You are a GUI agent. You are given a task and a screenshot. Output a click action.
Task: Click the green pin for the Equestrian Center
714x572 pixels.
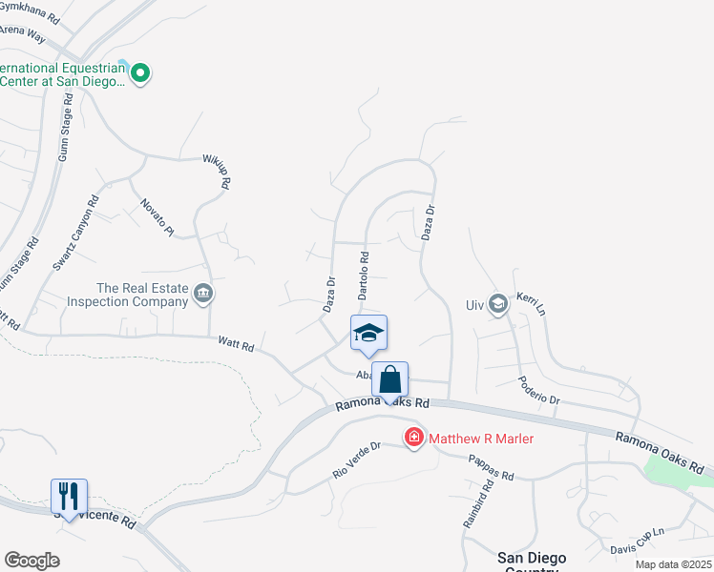click(140, 72)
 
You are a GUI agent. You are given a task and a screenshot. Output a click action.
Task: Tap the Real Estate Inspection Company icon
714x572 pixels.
click(202, 294)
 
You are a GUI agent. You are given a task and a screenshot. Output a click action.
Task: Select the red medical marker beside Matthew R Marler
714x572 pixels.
click(414, 438)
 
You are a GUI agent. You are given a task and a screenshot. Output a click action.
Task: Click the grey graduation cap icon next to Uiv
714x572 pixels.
click(496, 303)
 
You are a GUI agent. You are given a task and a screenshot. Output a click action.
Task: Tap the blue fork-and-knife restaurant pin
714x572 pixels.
click(69, 496)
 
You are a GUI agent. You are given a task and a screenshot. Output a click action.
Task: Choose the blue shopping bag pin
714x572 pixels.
click(390, 379)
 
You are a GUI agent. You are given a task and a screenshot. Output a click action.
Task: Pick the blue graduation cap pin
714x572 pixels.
click(368, 333)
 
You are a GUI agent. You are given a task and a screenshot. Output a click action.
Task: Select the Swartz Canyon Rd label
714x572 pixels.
click(76, 234)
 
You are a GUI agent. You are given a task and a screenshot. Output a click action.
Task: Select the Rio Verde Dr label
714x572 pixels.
click(356, 459)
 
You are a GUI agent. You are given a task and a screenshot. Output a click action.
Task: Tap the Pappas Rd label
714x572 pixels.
click(492, 467)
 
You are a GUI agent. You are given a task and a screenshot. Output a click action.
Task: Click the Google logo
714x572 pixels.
click(32, 560)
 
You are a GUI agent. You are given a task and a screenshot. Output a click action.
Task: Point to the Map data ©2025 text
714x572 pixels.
click(672, 564)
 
